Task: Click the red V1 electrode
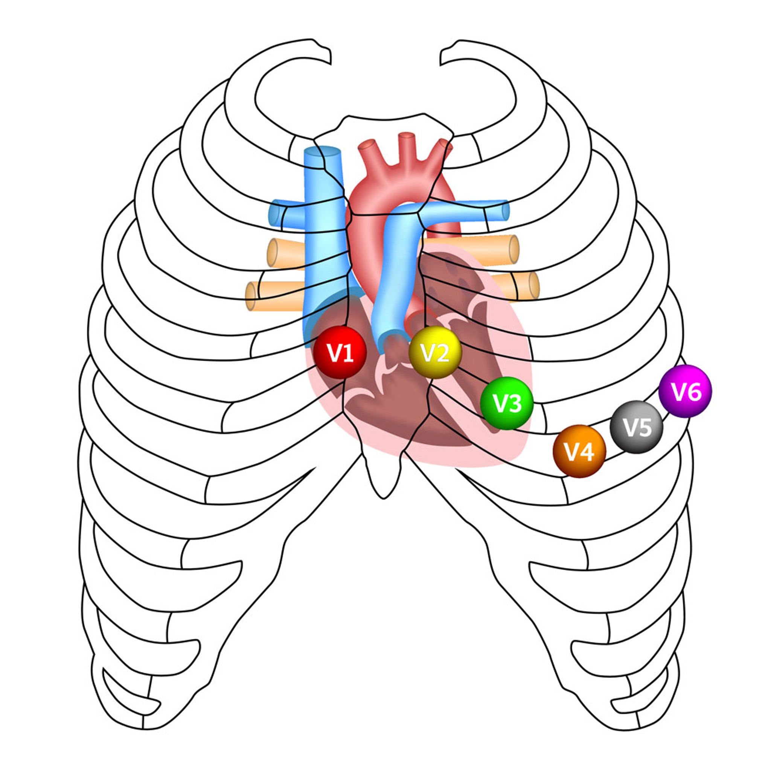coord(340,352)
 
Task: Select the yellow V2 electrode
coord(436,352)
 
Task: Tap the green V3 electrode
coord(507,403)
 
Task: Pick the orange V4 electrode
coord(579,451)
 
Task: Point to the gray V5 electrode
coord(637,427)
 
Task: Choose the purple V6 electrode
coord(685,391)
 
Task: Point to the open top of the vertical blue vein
coord(323,152)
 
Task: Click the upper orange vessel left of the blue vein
coord(286,253)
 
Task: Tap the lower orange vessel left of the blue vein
coord(275,296)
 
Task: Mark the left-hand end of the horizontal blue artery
coord(275,214)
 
